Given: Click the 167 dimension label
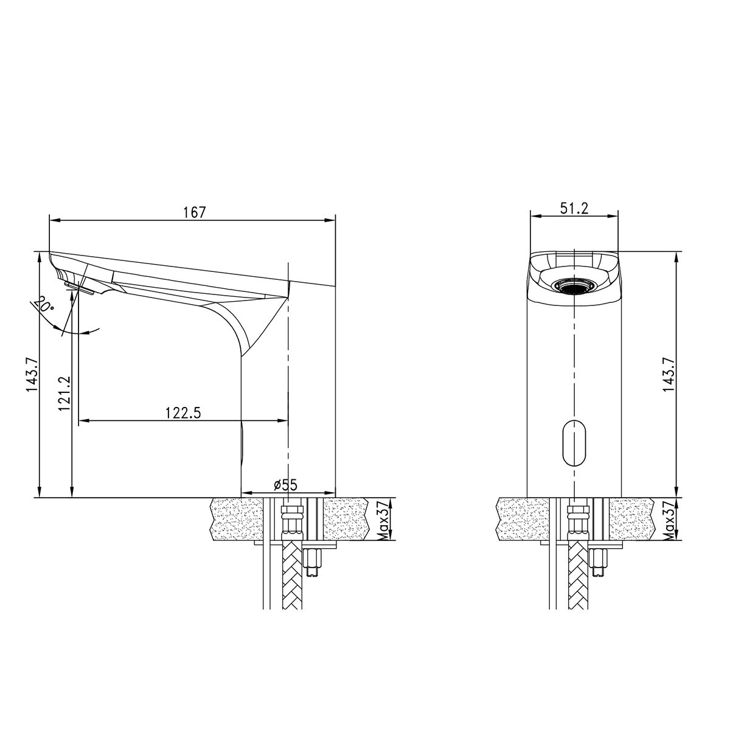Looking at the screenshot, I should click(x=195, y=212).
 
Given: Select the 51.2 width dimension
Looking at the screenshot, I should click(x=574, y=208).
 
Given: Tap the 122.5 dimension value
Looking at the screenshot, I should click(x=182, y=412).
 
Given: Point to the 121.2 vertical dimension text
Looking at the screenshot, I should click(x=65, y=394).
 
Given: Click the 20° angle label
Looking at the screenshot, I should click(x=44, y=304).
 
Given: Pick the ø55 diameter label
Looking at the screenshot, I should click(x=285, y=485).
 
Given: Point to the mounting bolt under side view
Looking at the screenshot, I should click(x=315, y=563).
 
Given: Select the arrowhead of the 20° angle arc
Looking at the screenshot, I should click(x=94, y=331).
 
